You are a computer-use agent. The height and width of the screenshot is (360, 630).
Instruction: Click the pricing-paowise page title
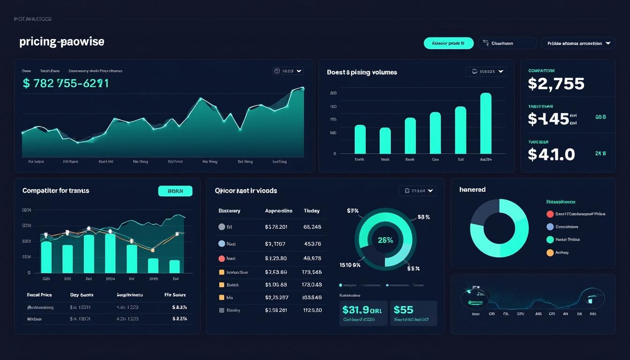61,42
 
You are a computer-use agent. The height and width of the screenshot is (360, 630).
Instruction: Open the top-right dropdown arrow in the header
608,43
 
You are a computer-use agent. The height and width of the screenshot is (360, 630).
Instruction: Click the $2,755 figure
556,84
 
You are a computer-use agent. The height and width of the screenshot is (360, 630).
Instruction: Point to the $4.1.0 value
551,154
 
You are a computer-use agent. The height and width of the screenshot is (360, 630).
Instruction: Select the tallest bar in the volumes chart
486,123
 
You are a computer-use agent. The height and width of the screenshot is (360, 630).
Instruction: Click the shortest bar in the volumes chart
385,141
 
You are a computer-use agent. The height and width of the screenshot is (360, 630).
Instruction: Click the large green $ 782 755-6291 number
66,83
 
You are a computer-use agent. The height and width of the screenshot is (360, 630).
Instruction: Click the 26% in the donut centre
385,240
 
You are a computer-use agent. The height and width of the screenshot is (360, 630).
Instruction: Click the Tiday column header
312,211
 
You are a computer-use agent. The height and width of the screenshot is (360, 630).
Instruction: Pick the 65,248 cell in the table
312,227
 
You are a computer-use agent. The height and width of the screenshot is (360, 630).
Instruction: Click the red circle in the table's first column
222,258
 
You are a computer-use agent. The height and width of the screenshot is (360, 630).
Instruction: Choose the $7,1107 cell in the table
275,244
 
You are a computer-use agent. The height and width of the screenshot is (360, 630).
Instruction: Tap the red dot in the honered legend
550,214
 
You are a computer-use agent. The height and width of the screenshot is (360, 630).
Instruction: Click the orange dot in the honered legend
550,253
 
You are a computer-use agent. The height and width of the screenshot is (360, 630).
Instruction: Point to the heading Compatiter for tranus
56,191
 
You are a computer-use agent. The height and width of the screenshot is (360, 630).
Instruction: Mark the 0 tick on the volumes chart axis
334,154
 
